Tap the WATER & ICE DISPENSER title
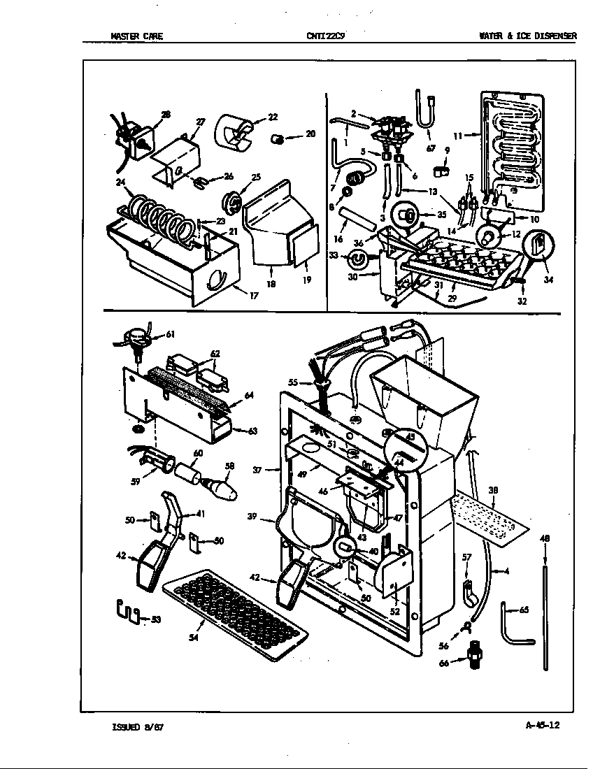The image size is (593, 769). (x=527, y=36)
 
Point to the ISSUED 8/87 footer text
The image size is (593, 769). (x=138, y=726)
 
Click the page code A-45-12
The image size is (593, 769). (x=542, y=725)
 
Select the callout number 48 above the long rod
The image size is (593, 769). (x=544, y=539)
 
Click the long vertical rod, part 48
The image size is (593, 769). (x=545, y=608)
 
